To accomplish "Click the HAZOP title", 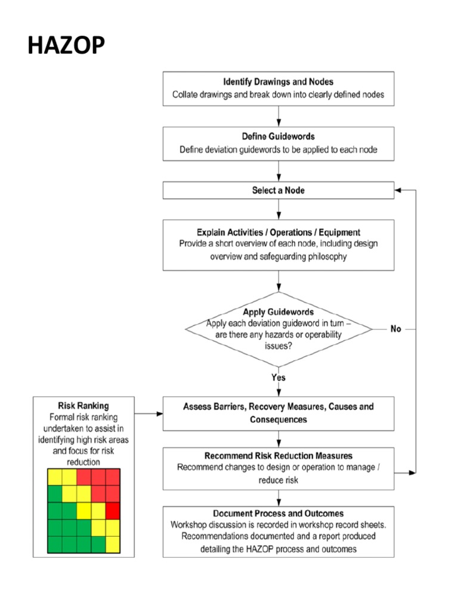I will pos(66,45).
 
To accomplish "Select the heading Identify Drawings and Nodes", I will pos(278,82).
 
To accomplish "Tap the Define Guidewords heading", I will pos(278,136).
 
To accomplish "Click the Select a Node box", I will pos(278,191).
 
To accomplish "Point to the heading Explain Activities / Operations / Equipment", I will pos(278,232).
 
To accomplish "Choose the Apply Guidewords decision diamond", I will pos(278,328).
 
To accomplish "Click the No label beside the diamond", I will pos(395,329).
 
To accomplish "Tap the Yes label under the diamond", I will pos(278,377).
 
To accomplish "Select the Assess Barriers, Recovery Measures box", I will pos(278,413).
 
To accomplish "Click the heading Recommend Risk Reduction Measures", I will pos(278,456).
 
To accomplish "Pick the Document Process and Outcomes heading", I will pos(278,513).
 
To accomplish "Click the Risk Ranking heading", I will pos(83,406).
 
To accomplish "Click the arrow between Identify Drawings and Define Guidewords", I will pos(278,116).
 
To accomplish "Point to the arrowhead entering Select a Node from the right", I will pos(398,191).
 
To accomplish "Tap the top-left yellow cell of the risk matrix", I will pos(55,477).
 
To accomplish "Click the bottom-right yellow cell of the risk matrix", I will pos(113,544).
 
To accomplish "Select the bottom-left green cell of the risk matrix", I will pos(55,544).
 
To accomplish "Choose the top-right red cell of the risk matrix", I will pos(113,477).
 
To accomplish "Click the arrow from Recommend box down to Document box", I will pos(278,498).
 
